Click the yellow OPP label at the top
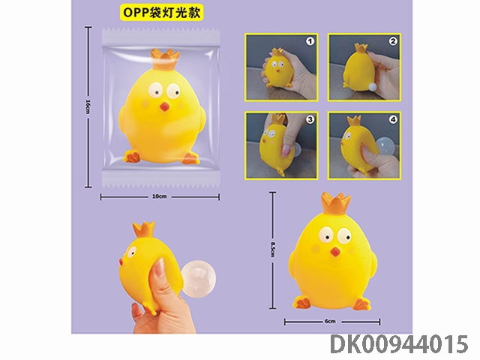click(161, 13)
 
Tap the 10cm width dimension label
click(160, 196)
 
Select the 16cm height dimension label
click(88, 106)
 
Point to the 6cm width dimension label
click(330, 321)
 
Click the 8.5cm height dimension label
click(273, 249)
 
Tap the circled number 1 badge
click(310, 42)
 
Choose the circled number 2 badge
click(393, 41)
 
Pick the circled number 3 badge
click(310, 120)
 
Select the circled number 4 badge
click(393, 120)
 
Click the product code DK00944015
click(399, 344)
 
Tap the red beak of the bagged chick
click(164, 106)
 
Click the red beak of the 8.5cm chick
click(335, 252)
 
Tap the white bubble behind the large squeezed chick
click(198, 278)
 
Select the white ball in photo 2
click(371, 87)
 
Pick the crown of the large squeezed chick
click(143, 229)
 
